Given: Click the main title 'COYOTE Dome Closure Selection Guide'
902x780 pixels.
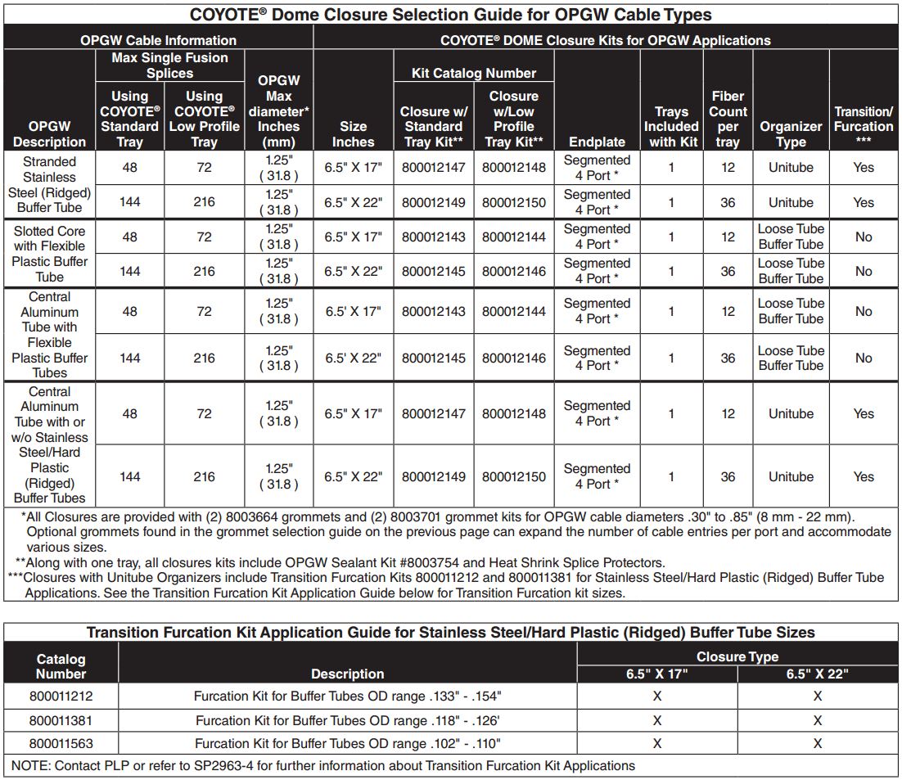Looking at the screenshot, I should tap(450, 14).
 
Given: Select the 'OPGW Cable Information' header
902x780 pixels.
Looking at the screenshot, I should tap(158, 40).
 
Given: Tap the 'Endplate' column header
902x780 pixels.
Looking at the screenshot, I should tap(597, 142).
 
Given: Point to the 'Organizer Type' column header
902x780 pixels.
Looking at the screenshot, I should tap(790, 134).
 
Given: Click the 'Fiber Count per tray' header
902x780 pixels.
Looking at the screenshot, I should tap(728, 119).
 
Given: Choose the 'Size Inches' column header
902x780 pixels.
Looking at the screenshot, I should tap(353, 134).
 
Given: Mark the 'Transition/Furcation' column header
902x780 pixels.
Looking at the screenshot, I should tap(864, 126).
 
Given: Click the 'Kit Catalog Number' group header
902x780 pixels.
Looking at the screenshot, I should tap(473, 74).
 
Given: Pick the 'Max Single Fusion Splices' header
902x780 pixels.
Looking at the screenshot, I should tap(169, 65).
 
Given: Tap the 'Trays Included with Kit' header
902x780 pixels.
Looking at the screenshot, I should tap(671, 126).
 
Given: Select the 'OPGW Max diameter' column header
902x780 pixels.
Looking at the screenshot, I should tap(278, 111).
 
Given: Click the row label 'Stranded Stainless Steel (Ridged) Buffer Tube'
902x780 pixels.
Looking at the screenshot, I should tap(50, 185).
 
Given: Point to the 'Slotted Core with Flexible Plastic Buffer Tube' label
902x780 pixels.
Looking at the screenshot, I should tap(50, 254).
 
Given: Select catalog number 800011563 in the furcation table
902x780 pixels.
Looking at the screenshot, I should tap(61, 744).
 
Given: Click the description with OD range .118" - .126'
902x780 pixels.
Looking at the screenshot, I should tap(348, 720).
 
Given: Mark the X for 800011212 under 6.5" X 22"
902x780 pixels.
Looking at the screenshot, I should tap(817, 697).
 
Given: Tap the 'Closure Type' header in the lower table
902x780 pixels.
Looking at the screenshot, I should tap(737, 656).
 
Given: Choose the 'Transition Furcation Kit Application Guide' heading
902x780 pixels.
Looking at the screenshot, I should tap(450, 632).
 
